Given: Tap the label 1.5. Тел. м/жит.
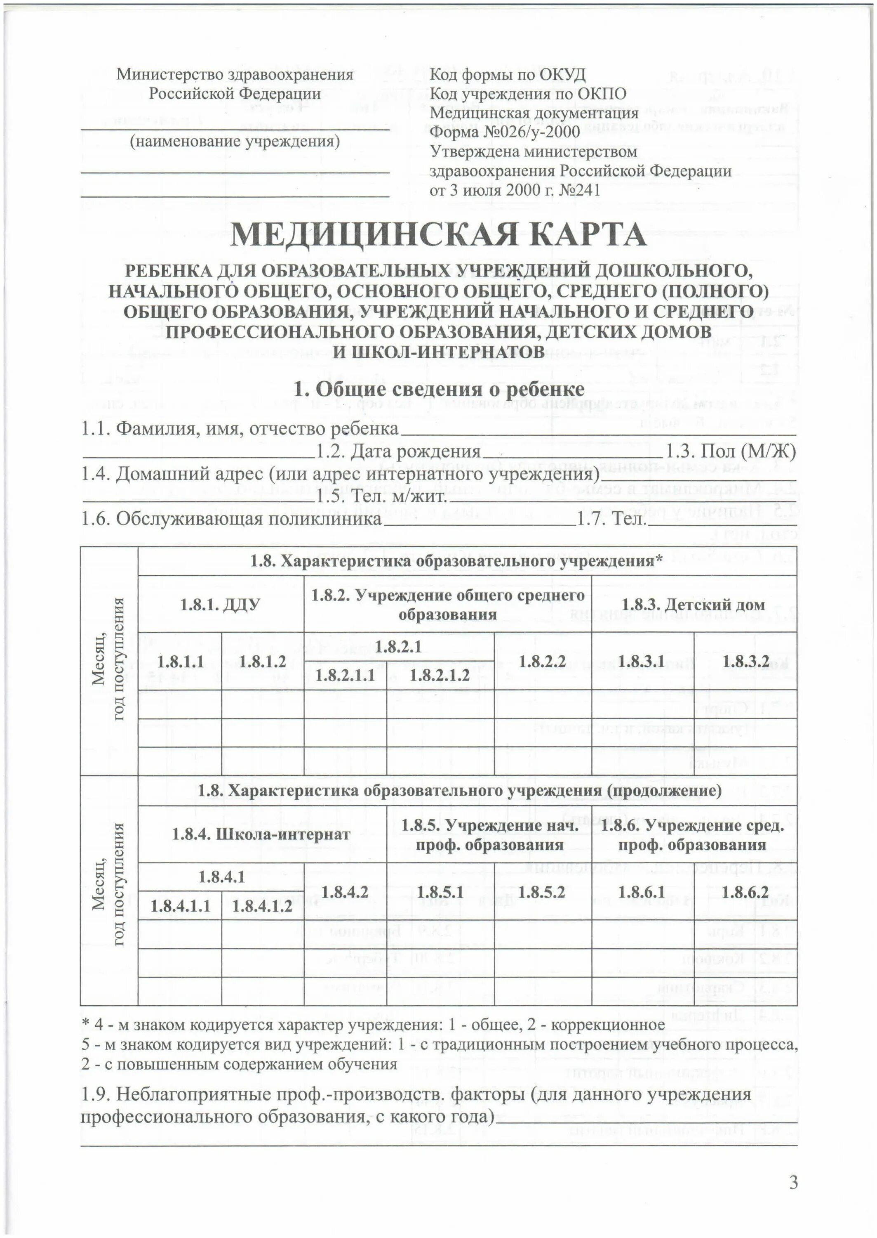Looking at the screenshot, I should pyautogui.click(x=382, y=496).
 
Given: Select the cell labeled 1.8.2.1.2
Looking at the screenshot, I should pyautogui.click(x=439, y=675).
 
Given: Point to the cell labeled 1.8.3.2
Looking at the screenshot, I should pyautogui.click(x=745, y=662).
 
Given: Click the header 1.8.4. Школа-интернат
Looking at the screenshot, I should pyautogui.click(x=261, y=834).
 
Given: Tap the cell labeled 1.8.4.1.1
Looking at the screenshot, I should pyautogui.click(x=180, y=906).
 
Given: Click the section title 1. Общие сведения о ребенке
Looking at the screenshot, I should pyautogui.click(x=439, y=389).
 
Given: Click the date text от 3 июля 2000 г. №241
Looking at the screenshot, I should pyautogui.click(x=515, y=190).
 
